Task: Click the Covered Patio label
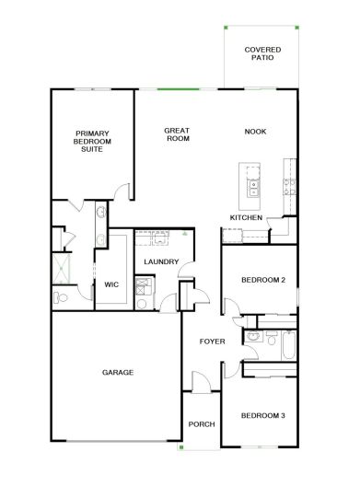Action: (x=262, y=53)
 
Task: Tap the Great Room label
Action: (x=177, y=134)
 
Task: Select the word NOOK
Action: (x=255, y=132)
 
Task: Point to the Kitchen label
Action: (x=246, y=217)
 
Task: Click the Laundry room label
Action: (x=161, y=261)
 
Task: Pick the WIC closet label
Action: (x=111, y=284)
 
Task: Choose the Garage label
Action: (x=118, y=372)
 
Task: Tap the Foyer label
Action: (x=213, y=342)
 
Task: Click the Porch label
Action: (x=202, y=424)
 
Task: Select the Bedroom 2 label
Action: (x=263, y=280)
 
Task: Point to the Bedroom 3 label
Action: (x=262, y=415)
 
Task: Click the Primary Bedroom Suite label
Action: (x=92, y=142)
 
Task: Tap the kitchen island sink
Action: (x=253, y=189)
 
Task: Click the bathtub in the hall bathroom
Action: (x=288, y=345)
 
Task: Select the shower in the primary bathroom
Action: (x=61, y=269)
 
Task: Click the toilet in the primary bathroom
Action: (x=61, y=297)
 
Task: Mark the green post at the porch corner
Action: (x=181, y=447)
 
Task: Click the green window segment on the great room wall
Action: (x=179, y=89)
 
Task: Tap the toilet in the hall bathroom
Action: (x=271, y=338)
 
